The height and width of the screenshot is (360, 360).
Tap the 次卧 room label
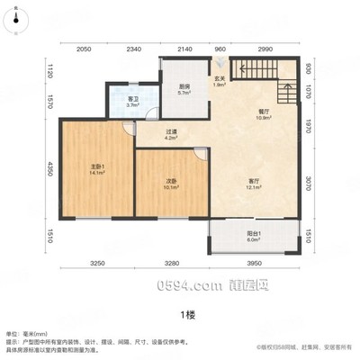pos(171,184)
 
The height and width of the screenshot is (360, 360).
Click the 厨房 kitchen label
pos(183,88)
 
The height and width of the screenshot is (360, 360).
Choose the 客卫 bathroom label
pos(132,103)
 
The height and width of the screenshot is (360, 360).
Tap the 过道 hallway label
pos(171,135)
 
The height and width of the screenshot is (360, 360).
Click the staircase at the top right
pos(263,67)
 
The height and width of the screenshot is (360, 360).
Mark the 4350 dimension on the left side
pos(51,168)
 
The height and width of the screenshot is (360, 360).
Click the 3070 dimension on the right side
pos(308,183)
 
